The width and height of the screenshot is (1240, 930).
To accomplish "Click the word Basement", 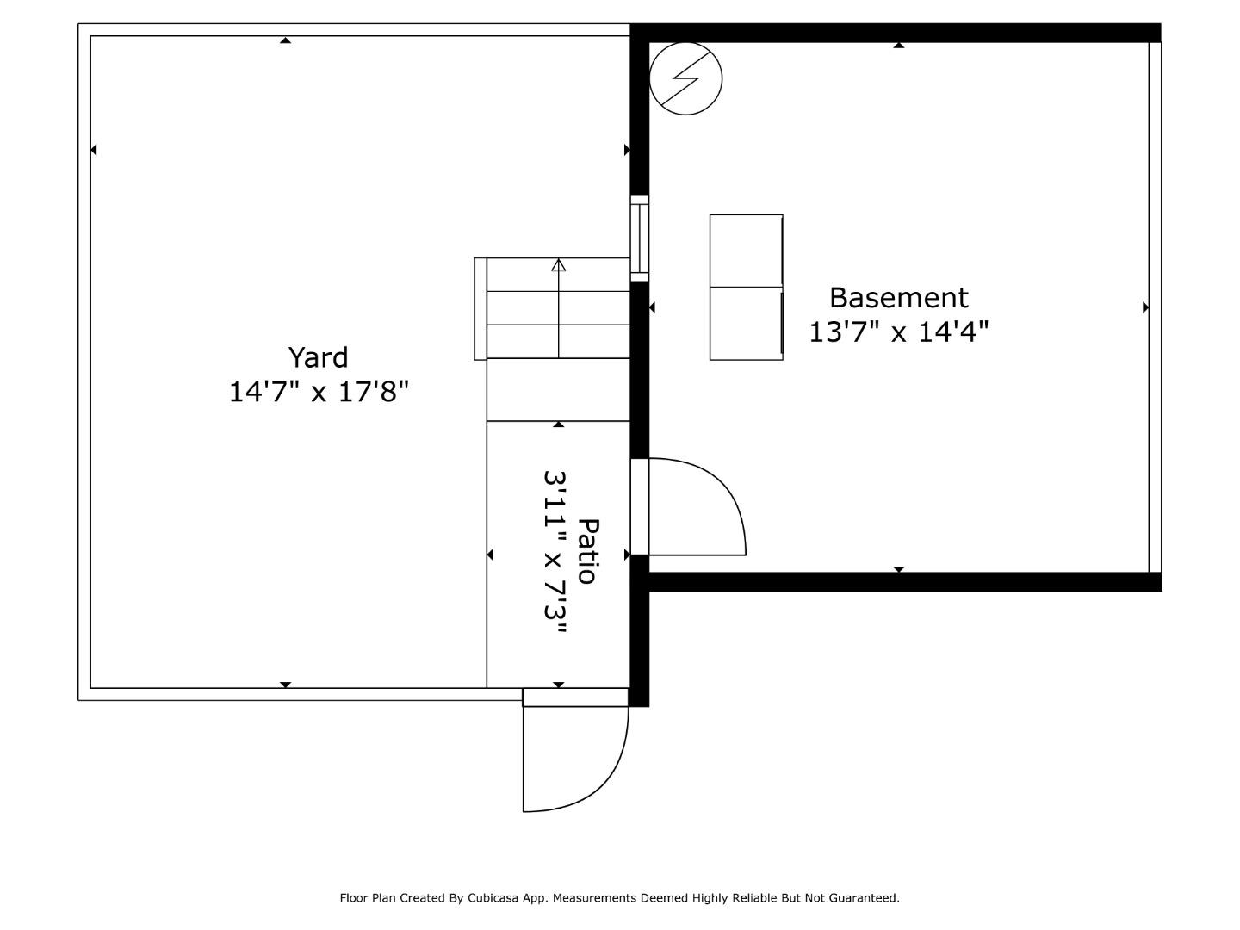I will (898, 298).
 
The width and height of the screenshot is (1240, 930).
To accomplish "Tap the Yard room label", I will (318, 357).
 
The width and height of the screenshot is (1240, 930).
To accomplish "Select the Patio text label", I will (587, 551).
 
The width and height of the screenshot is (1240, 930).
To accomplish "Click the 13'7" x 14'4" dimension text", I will (898, 332).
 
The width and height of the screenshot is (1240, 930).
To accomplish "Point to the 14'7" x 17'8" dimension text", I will (318, 392).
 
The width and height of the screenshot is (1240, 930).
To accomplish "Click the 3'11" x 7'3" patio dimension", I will (555, 551).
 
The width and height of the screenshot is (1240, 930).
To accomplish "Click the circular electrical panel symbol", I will (685, 79).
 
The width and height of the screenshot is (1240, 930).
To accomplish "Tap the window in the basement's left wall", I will (639, 238).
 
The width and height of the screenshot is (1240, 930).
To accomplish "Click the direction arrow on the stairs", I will (559, 265).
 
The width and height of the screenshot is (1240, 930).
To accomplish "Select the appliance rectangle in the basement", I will (746, 287).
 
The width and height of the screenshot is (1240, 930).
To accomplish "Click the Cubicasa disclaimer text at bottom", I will (619, 898).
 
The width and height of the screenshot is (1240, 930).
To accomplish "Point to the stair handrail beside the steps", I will (480, 308).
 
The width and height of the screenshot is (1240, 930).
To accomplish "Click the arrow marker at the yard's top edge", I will (285, 40).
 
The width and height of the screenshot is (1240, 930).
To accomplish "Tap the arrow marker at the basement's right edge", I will (1145, 307).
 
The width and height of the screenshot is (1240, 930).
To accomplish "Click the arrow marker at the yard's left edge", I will (94, 150).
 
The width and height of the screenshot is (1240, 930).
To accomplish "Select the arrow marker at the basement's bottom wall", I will (898, 569).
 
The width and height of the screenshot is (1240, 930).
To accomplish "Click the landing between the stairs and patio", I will (558, 389).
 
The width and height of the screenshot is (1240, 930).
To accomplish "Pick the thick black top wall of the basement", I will (896, 33).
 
